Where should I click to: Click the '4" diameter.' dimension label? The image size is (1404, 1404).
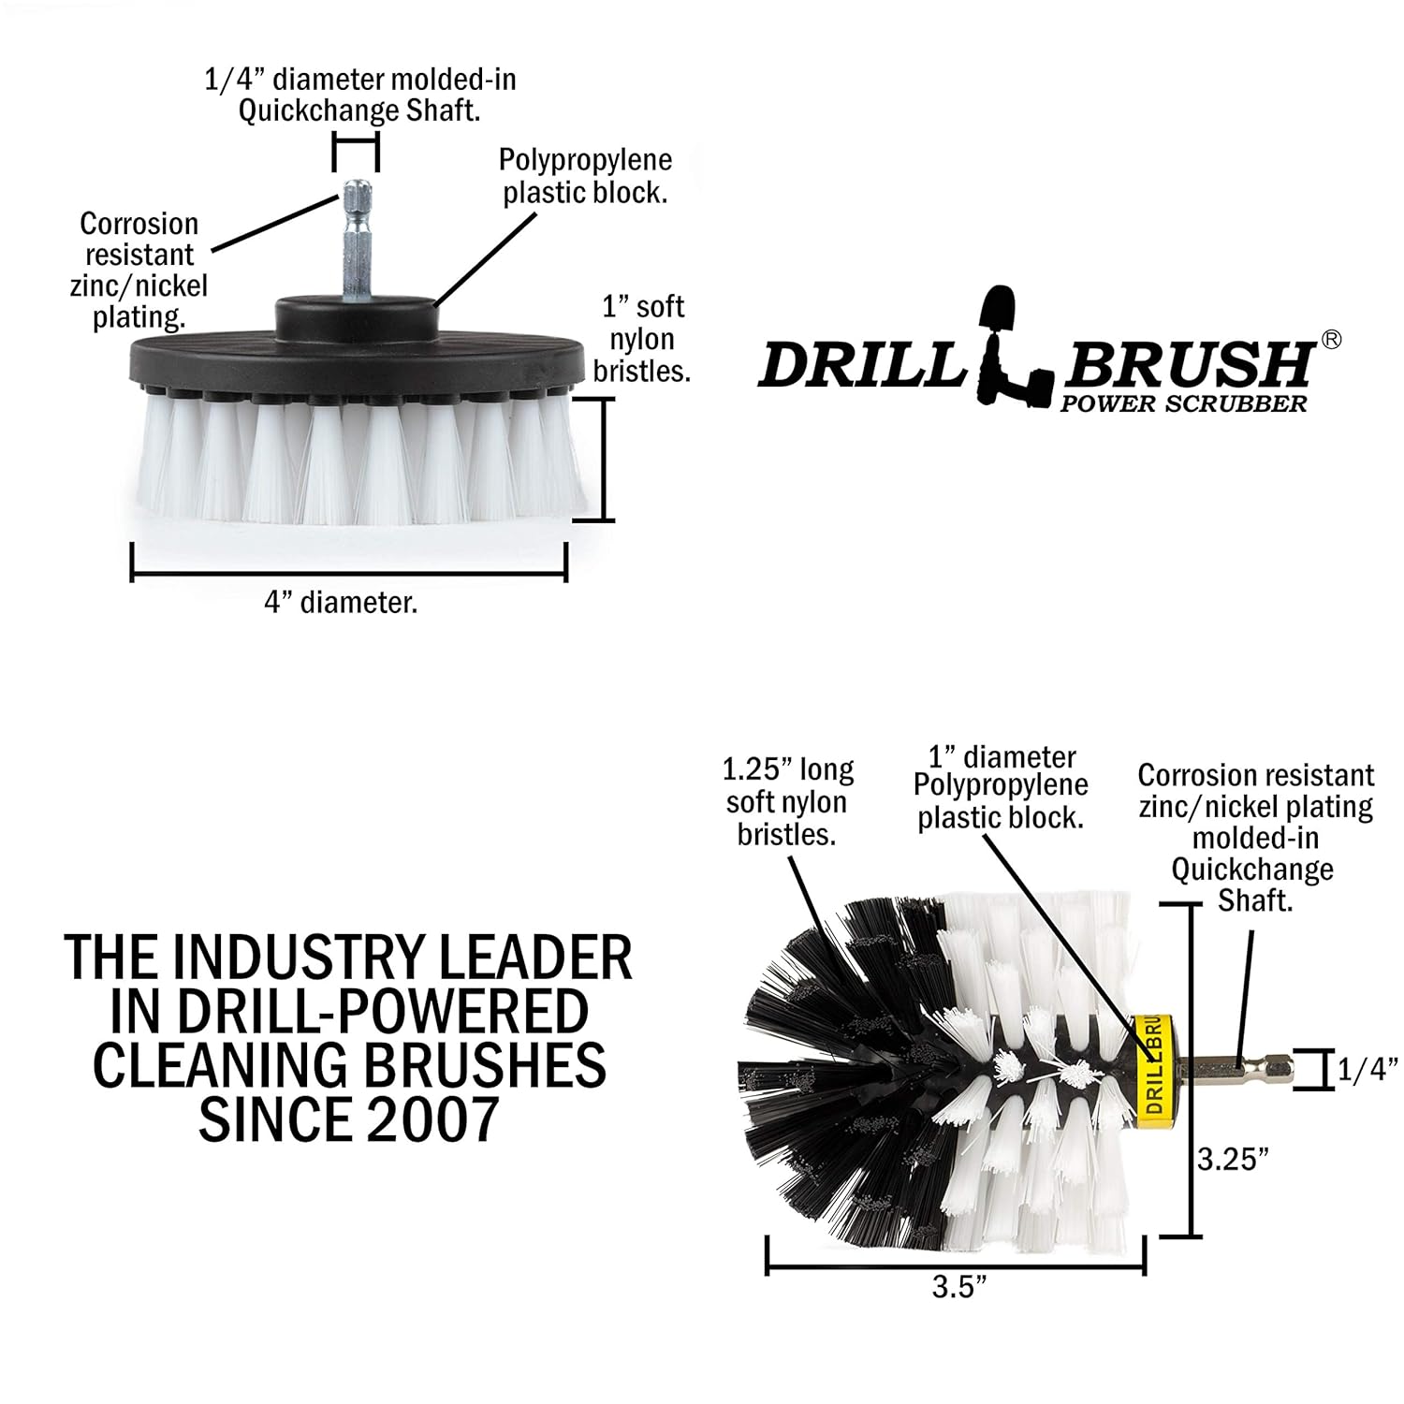pos(341,603)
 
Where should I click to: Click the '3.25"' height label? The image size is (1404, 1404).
pos(1234,1159)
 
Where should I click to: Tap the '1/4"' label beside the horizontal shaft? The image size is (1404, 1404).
pos(1367,1070)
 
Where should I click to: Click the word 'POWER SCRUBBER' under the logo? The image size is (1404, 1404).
pos(1183,403)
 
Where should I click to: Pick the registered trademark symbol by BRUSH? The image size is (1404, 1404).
pos(1330,341)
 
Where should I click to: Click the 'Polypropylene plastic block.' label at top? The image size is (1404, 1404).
pos(585,177)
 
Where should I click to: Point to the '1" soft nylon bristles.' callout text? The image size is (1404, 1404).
pos(642,339)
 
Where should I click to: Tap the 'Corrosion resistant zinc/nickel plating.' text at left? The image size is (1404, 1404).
pos(139,271)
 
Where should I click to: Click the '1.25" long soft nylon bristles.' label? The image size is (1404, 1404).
pos(787,802)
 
